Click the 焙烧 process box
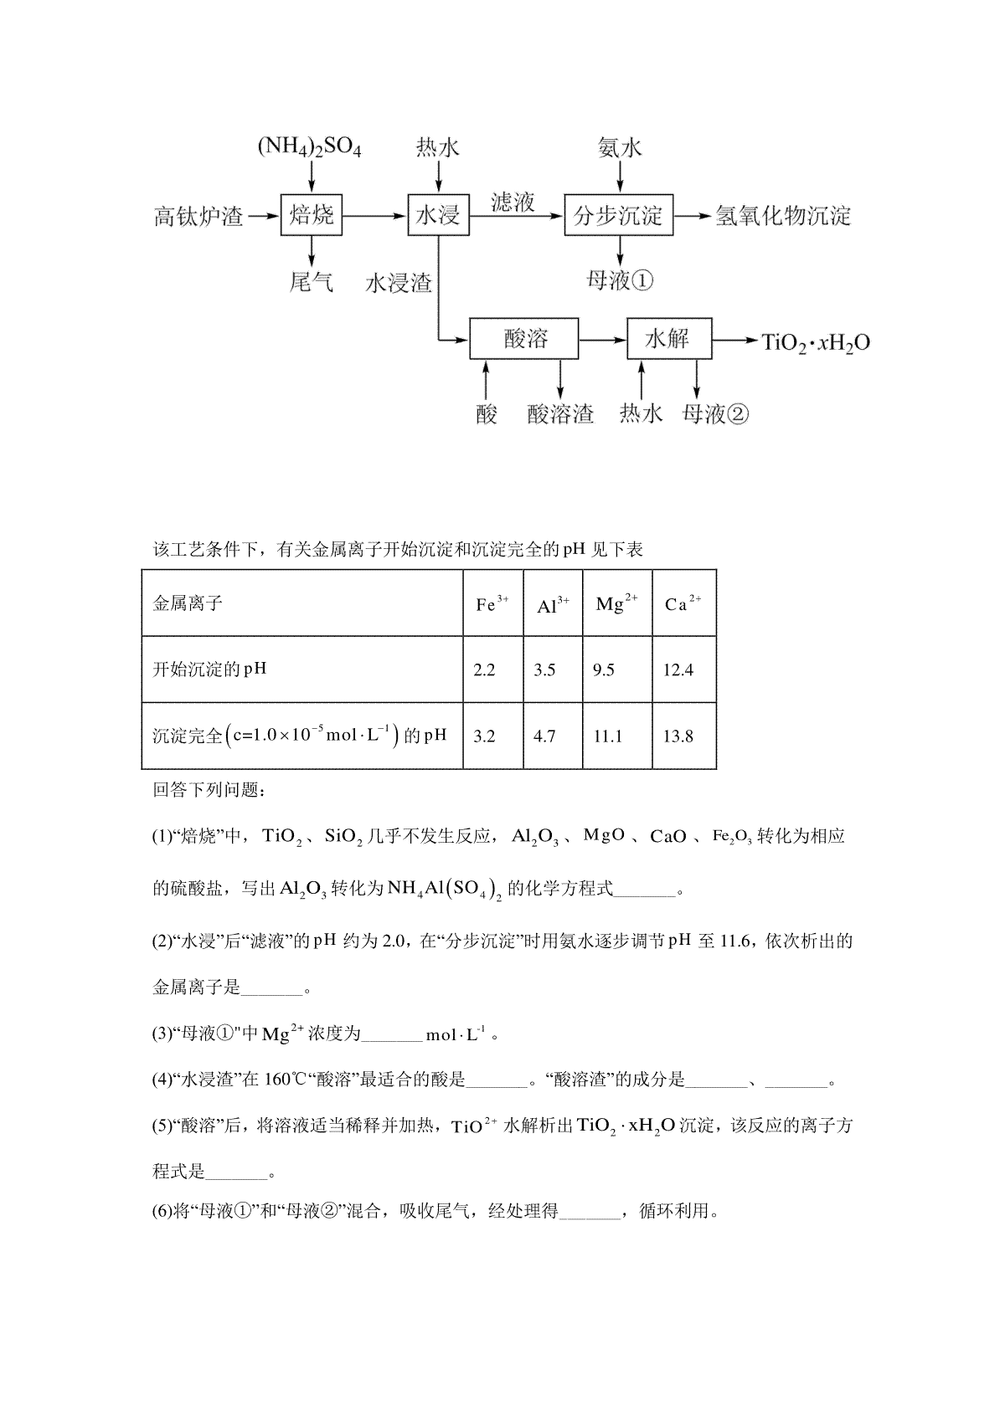(x=312, y=216)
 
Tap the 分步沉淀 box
(x=619, y=216)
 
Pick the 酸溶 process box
(x=524, y=339)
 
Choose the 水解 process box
(x=668, y=339)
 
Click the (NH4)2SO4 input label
(x=309, y=149)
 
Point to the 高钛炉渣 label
(x=198, y=217)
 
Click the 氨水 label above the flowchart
(x=620, y=149)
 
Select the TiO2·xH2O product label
(x=815, y=341)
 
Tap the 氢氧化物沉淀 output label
(x=782, y=217)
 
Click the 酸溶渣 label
(x=560, y=414)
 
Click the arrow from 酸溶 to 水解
(x=602, y=340)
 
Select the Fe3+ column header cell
(x=492, y=603)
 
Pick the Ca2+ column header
(x=683, y=603)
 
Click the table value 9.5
(x=603, y=670)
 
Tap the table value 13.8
(x=678, y=736)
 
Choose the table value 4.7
(x=544, y=736)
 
